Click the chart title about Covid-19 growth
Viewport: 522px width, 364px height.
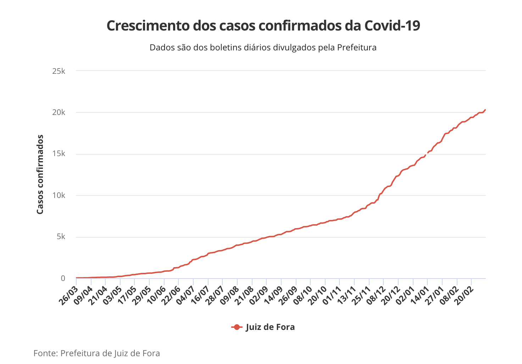pyautogui.click(x=263, y=26)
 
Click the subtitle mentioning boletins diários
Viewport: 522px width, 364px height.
pyautogui.click(x=263, y=48)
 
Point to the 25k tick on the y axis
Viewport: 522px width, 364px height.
pyautogui.click(x=59, y=71)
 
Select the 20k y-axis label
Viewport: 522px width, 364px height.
pyautogui.click(x=59, y=112)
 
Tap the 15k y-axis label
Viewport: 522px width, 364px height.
pyautogui.click(x=59, y=154)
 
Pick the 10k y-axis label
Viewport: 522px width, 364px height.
pyautogui.click(x=59, y=195)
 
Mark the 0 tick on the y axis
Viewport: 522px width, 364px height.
pyautogui.click(x=63, y=278)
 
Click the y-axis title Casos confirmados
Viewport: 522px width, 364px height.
pyautogui.click(x=40, y=174)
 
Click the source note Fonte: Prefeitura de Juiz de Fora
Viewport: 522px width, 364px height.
pyautogui.click(x=97, y=353)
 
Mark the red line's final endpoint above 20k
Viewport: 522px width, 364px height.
pyautogui.click(x=485, y=110)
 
